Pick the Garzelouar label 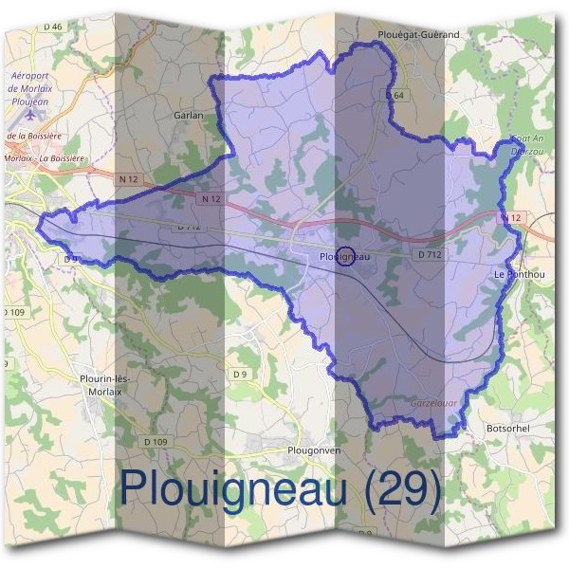pos(433,403)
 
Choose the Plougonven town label pos(313,450)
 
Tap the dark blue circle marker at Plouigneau pos(346,256)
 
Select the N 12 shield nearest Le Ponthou pos(511,218)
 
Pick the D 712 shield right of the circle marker pos(429,255)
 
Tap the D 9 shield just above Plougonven pos(240,375)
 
